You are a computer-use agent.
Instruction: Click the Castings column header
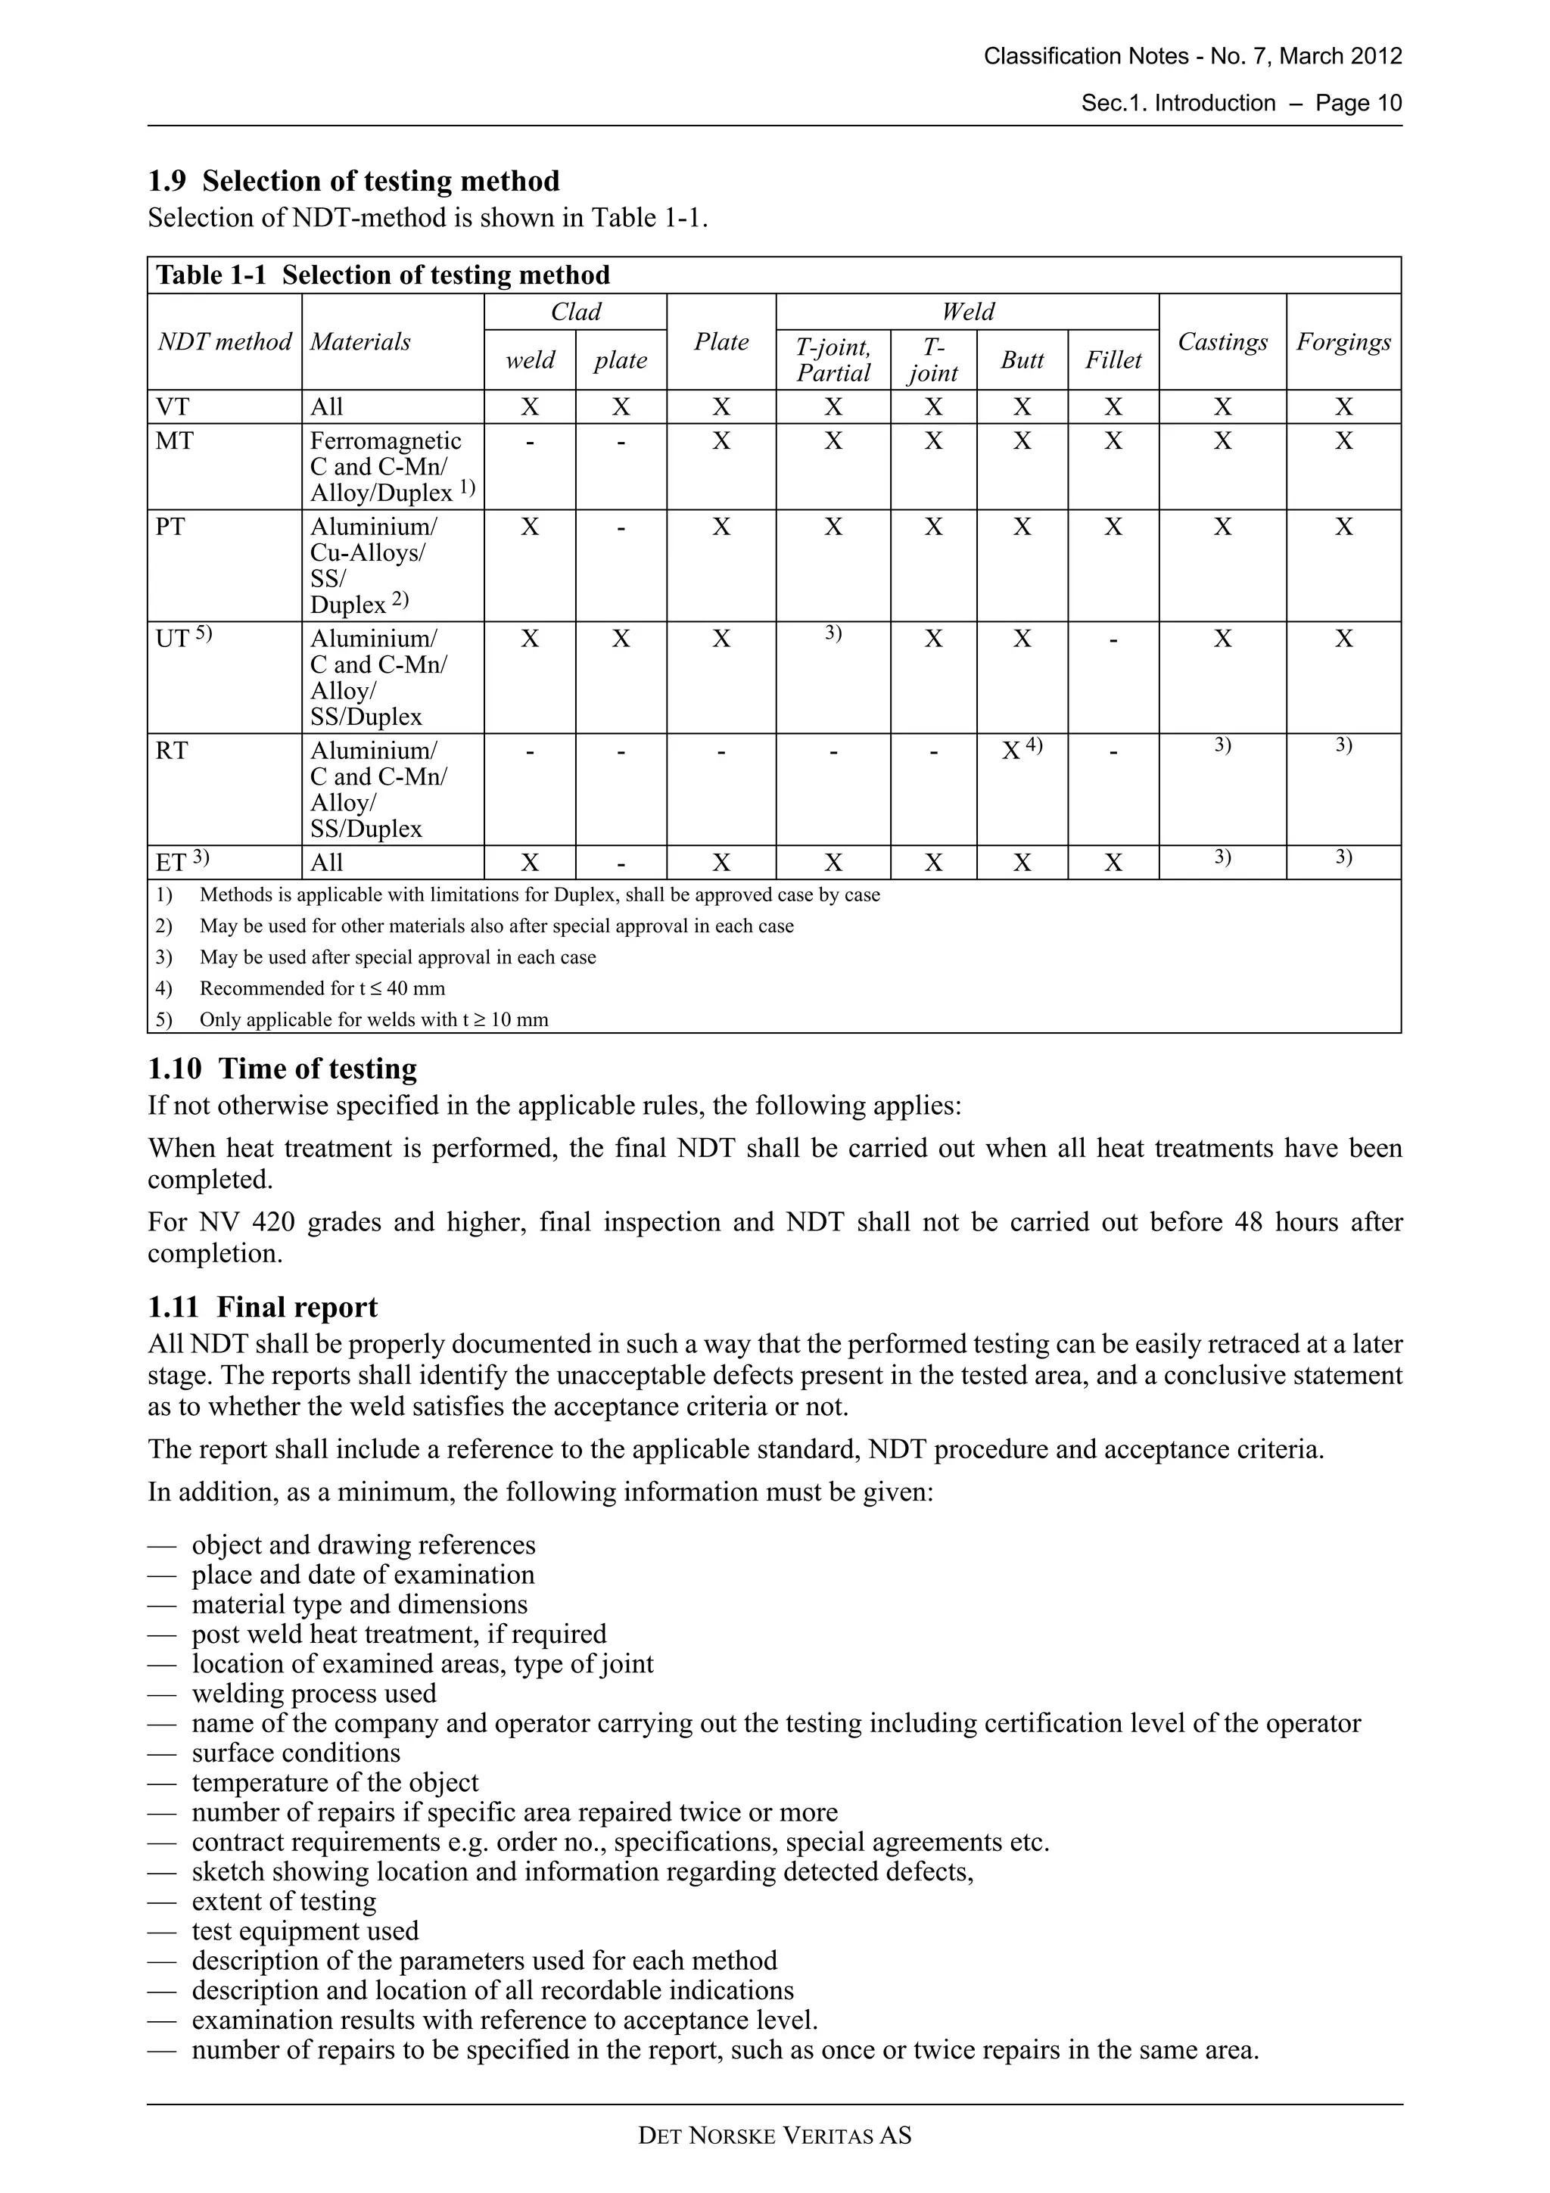tap(1222, 342)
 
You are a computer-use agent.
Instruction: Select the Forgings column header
tap(1343, 342)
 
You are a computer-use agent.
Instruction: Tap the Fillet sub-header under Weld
tap(1113, 360)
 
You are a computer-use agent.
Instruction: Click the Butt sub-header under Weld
tap(1022, 360)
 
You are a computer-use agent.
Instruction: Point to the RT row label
tap(172, 751)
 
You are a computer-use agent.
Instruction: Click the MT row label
tap(175, 441)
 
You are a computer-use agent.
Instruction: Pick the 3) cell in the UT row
tap(833, 634)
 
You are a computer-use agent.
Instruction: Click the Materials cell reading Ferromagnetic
tap(385, 441)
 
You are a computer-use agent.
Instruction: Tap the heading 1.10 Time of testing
tap(283, 1068)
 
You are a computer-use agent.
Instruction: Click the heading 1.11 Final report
tap(263, 1307)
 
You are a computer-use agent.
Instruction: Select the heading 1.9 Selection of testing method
tap(353, 181)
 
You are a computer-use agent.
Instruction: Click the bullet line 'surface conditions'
tap(295, 1753)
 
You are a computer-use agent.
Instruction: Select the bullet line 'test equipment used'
tap(305, 1930)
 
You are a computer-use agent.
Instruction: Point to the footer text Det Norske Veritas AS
tap(774, 2135)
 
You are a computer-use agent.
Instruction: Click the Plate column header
tap(721, 342)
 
